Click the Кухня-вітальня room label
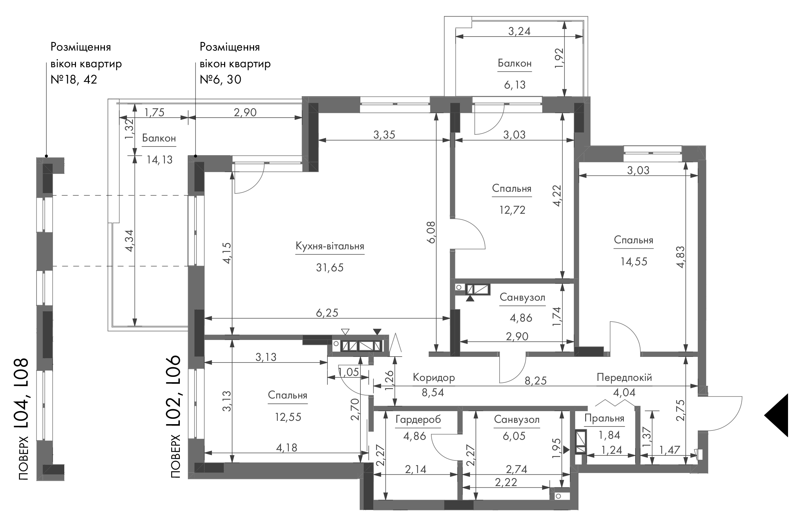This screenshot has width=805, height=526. click(x=330, y=246)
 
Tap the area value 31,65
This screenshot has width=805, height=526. click(x=330, y=268)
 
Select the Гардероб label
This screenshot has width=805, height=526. click(x=418, y=420)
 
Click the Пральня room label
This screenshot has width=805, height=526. click(x=604, y=418)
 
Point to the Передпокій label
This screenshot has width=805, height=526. click(x=624, y=377)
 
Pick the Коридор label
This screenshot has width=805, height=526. click(x=434, y=377)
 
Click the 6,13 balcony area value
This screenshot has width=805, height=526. click(x=515, y=85)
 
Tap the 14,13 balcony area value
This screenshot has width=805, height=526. click(x=159, y=159)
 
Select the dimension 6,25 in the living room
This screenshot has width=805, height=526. click(x=327, y=313)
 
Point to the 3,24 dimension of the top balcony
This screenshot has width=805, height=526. click(x=520, y=31)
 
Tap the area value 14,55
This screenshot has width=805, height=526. click(x=634, y=262)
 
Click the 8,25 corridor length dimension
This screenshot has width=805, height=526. click(x=536, y=381)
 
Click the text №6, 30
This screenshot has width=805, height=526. click(x=220, y=80)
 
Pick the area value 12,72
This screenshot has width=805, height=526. click(x=513, y=210)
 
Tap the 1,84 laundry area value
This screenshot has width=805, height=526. click(x=609, y=435)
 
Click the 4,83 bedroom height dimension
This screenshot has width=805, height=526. click(x=681, y=257)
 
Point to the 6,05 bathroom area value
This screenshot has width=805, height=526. click(x=514, y=436)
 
